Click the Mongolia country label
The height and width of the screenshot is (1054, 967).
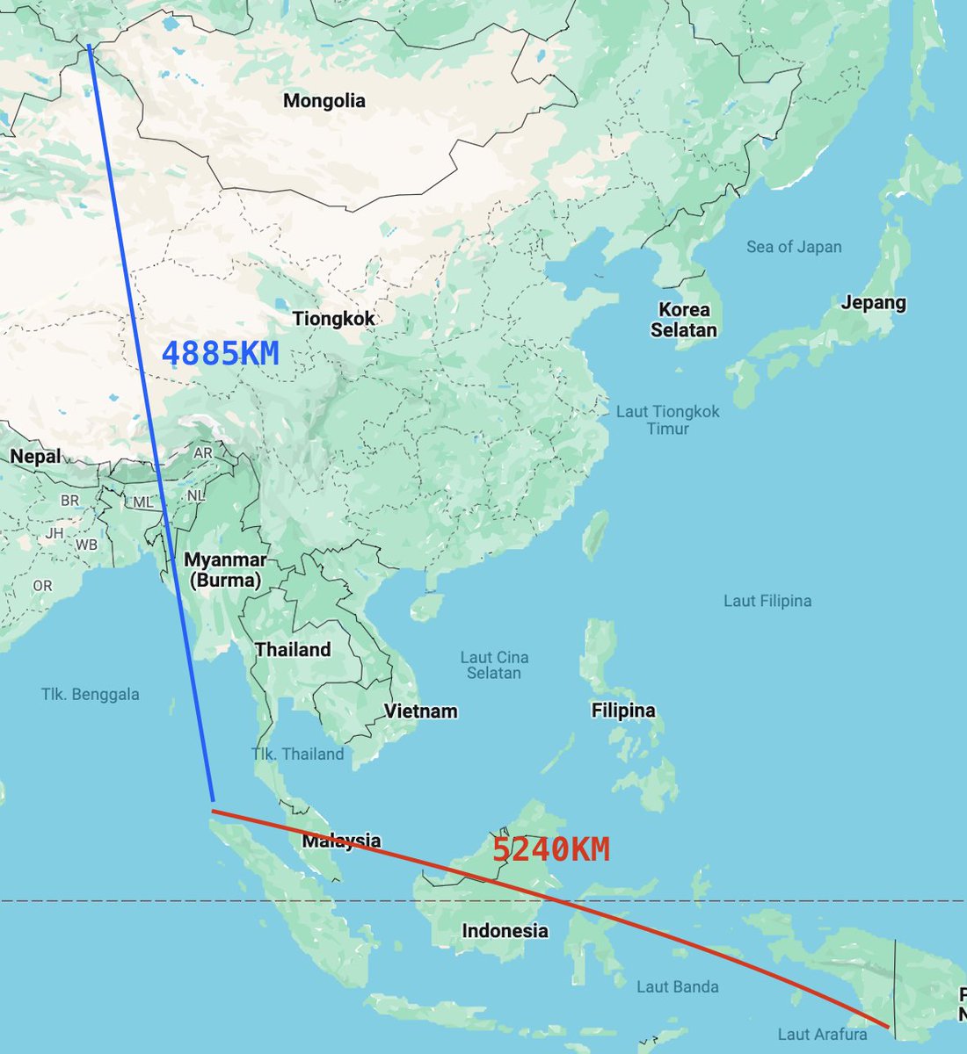[324, 101]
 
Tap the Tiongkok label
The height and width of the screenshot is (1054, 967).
[333, 319]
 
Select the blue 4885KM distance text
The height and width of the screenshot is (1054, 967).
[221, 354]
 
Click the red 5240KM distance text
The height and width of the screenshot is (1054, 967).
[550, 849]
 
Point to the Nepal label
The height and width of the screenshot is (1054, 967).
[36, 456]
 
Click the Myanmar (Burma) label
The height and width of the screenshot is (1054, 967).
[225, 570]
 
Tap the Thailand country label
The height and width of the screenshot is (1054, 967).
[293, 650]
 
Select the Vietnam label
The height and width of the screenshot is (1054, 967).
[420, 711]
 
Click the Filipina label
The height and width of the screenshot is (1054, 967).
[623, 710]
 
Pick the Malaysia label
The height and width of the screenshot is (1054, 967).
[342, 841]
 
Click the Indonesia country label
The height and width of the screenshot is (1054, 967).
[505, 930]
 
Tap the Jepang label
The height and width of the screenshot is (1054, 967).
[873, 302]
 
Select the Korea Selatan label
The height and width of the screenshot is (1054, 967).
[684, 320]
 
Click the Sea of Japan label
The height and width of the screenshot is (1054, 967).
[794, 247]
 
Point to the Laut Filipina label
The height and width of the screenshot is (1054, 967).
[767, 601]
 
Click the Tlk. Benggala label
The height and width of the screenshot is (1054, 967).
[91, 694]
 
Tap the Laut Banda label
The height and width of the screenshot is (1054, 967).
[677, 986]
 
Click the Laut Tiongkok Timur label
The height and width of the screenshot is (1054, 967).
[668, 420]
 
